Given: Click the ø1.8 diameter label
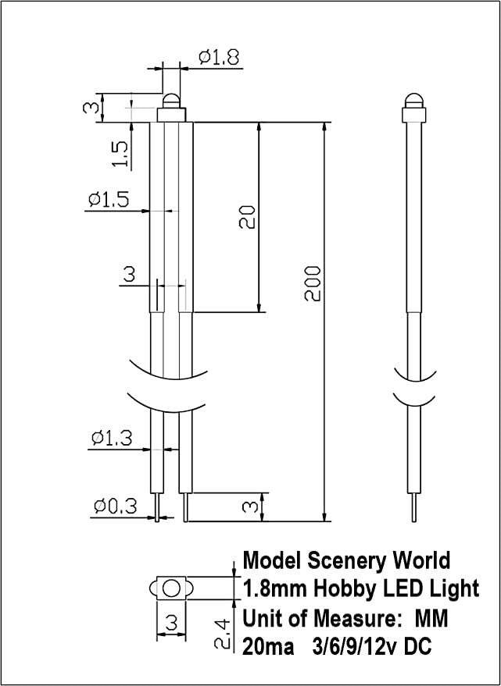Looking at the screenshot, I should pyautogui.click(x=218, y=56).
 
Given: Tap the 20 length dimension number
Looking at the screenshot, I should pyautogui.click(x=247, y=217).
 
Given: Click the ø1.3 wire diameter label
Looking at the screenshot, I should pyautogui.click(x=109, y=438).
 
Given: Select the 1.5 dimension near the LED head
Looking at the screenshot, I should pyautogui.click(x=119, y=153).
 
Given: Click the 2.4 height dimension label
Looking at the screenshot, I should pyautogui.click(x=222, y=634).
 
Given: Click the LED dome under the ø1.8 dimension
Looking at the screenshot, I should pyautogui.click(x=172, y=101).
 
